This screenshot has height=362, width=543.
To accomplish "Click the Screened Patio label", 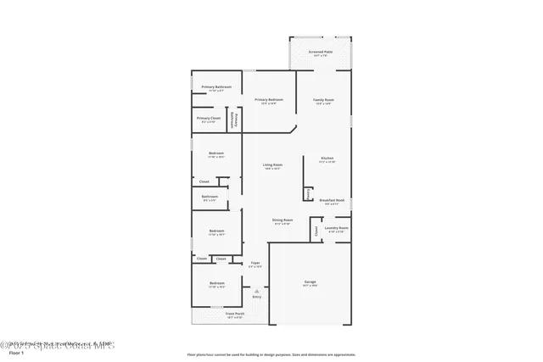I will (321, 52).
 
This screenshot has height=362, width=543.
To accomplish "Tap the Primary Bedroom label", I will (269, 100).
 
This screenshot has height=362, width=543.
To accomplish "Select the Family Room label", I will (324, 100).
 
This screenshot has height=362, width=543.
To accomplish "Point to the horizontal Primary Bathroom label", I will (216, 87).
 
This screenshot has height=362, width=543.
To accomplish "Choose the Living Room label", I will (272, 165).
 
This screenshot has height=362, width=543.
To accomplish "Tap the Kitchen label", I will (327, 159).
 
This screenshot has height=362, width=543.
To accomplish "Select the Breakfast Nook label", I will (332, 202).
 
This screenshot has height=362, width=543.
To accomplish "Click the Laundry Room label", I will (337, 228).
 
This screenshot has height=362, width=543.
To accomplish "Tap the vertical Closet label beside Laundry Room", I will (316, 229).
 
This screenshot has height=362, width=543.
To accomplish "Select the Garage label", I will (310, 282).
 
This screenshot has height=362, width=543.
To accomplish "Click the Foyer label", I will (255, 264).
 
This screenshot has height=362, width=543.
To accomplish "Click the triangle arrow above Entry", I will (256, 290).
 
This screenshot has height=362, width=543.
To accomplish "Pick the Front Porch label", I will (235, 315).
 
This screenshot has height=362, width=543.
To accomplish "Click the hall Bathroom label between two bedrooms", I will (210, 198).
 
